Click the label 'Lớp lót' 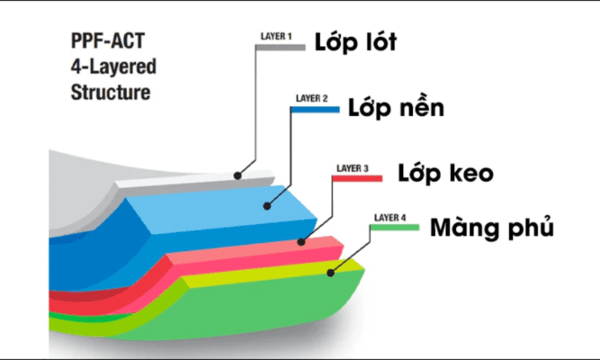pos(355,42)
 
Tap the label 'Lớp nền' pos(397,108)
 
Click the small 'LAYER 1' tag pos(276,36)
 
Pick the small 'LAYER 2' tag pos(312,97)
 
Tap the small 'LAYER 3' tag pos(353,167)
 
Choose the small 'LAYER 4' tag pos(390,217)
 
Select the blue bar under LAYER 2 pos(316,109)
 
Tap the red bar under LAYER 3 pos(357,178)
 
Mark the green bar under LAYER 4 pos(395,228)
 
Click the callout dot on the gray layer pos(238,174)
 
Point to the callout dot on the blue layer pos(266,205)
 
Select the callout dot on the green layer pos(331,272)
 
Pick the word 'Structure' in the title pos(110,92)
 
